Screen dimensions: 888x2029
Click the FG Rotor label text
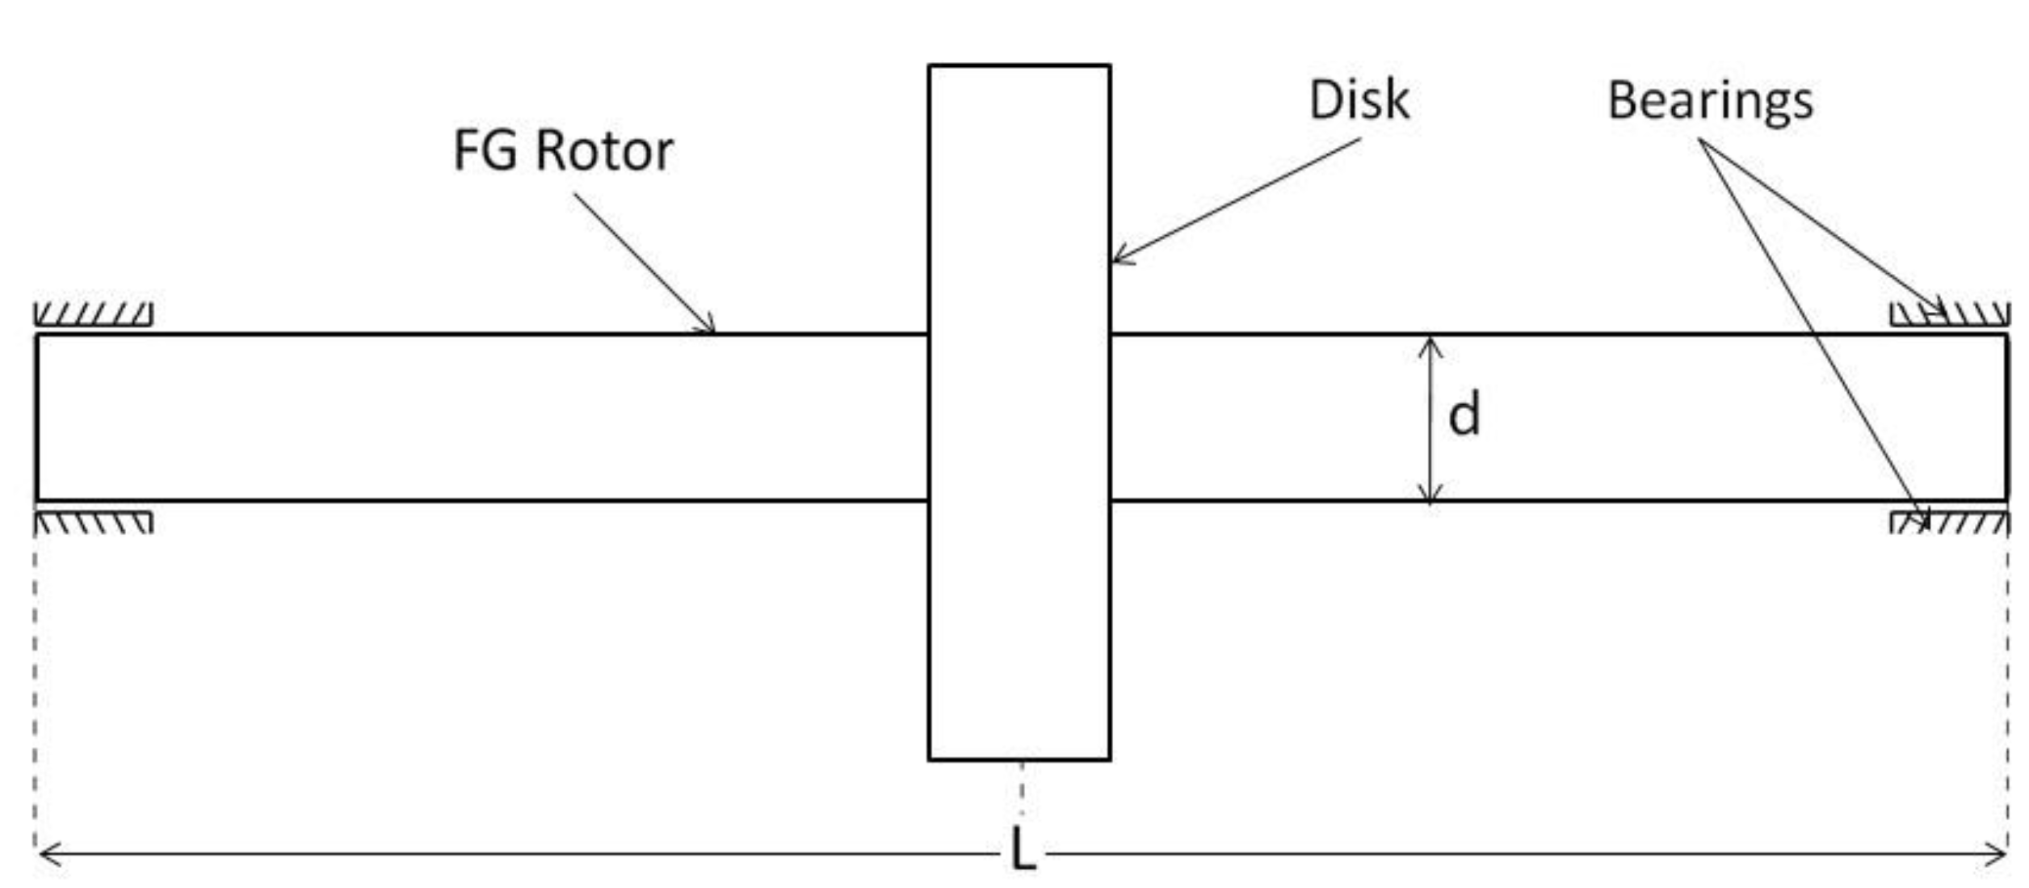563,151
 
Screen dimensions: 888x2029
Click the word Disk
1359,101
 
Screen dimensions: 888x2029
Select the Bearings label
1710,102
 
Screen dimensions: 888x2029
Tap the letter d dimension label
1464,415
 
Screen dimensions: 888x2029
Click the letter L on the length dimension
1023,851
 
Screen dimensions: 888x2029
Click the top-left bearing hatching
93,314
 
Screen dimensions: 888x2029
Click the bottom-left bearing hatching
93,523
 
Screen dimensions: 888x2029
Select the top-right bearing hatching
1949,314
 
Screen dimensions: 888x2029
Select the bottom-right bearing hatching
1949,523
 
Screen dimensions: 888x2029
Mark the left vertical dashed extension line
35,687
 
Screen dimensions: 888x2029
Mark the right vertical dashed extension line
2007,687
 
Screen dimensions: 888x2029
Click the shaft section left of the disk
485,417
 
